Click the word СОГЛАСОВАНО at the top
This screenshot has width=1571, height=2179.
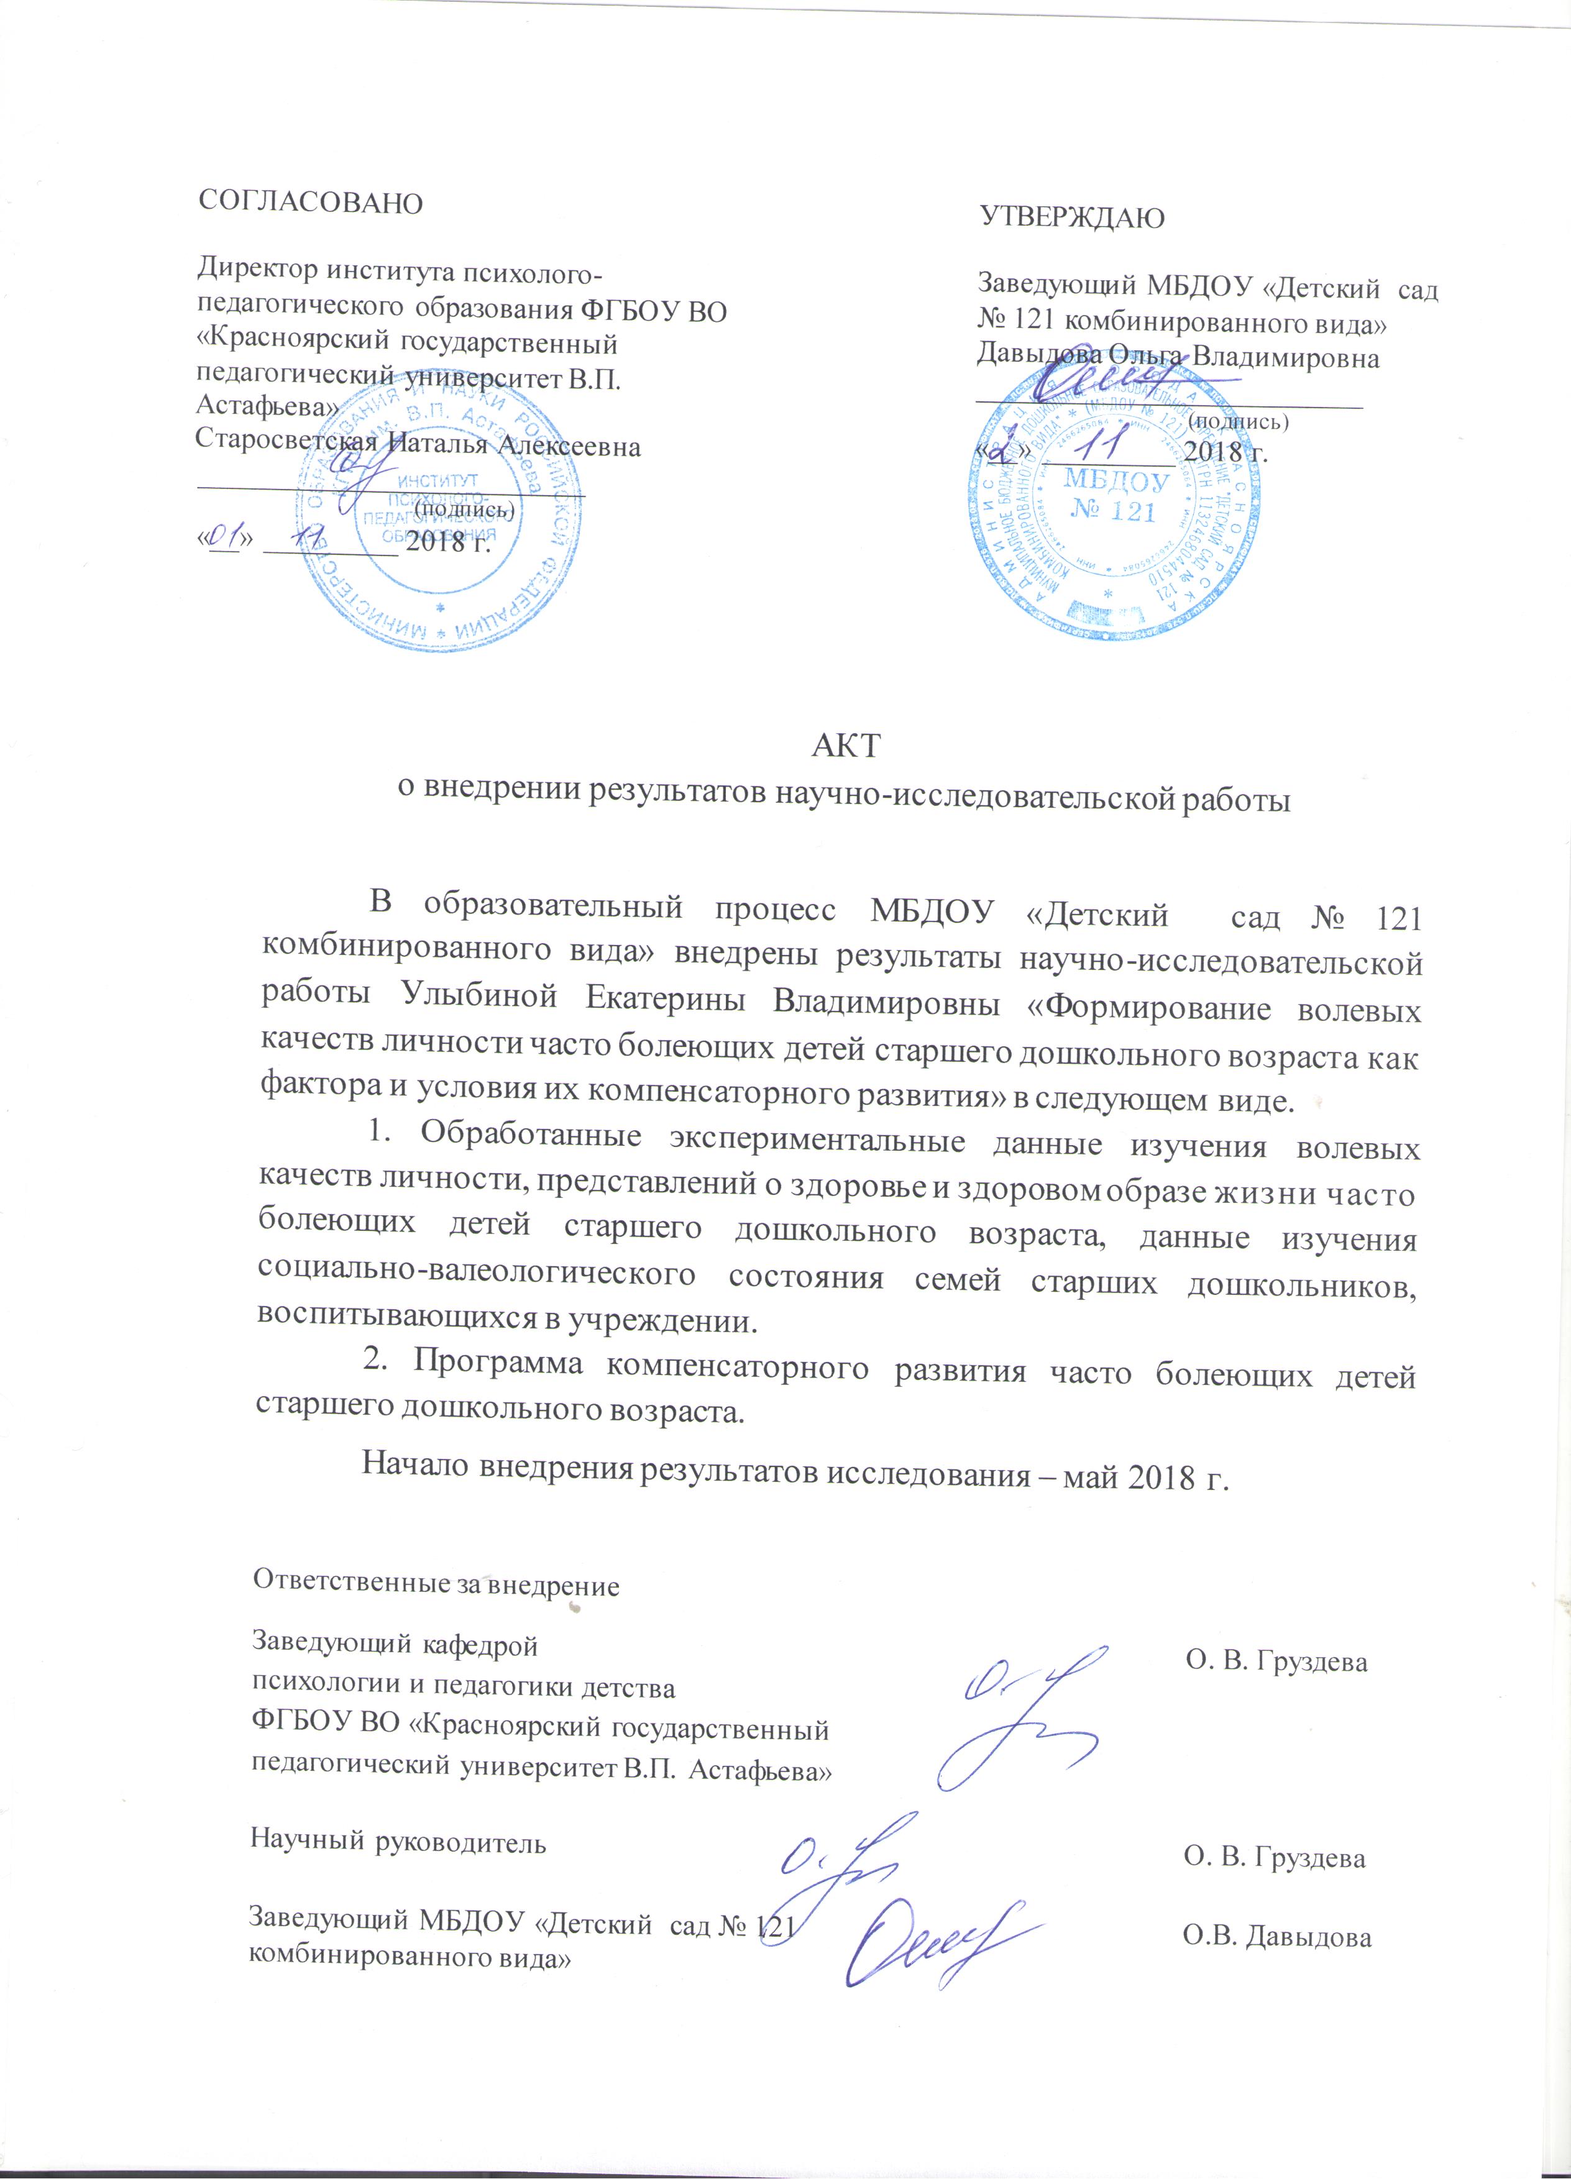tap(309, 204)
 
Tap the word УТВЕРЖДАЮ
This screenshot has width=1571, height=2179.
tap(1071, 218)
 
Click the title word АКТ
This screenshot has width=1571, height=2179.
tap(845, 746)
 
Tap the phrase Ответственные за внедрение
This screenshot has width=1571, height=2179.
tap(435, 1585)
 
